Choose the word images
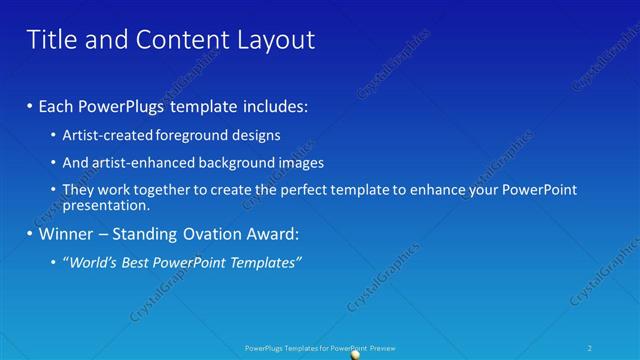tap(295, 162)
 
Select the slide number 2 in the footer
tap(591, 347)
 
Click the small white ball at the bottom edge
tap(355, 354)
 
